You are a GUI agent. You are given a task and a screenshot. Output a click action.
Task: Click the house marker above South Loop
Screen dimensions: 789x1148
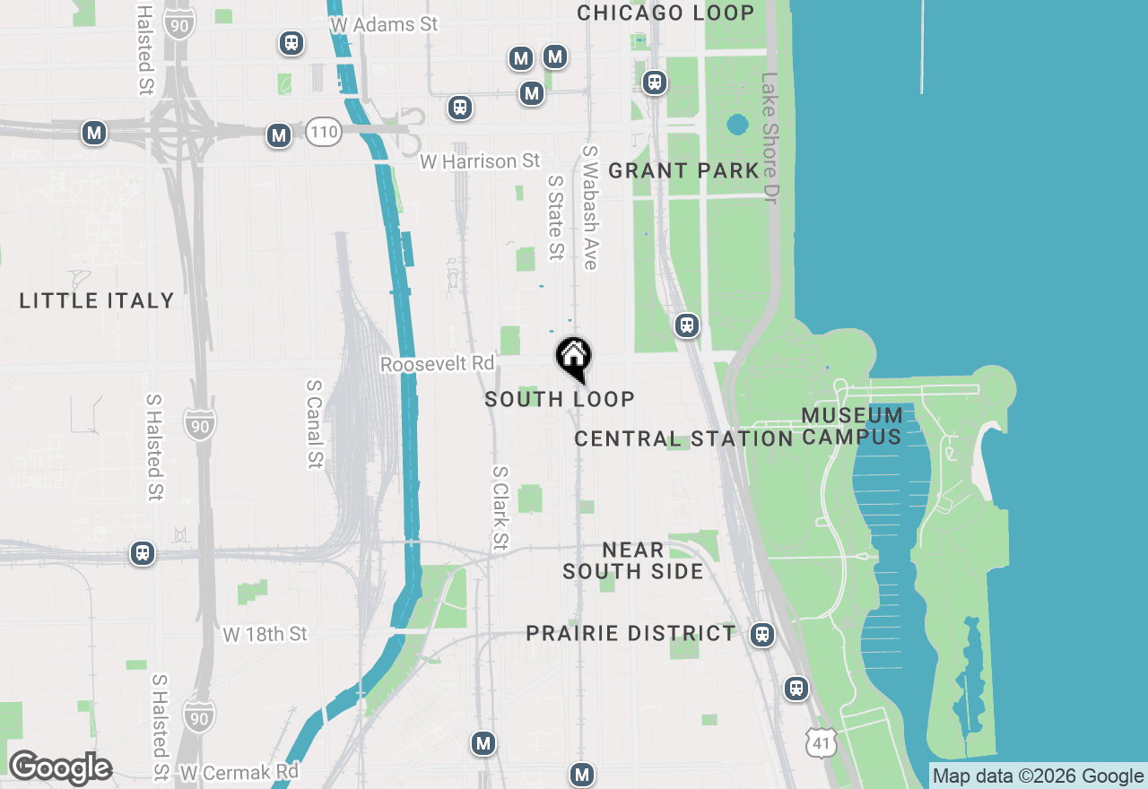pos(573,357)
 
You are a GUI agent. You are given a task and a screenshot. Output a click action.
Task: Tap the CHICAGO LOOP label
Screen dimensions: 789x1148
pos(665,13)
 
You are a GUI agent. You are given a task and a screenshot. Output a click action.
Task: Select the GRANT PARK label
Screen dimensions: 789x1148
pos(683,170)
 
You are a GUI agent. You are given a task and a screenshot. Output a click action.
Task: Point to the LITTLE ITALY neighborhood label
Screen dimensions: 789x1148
pos(97,300)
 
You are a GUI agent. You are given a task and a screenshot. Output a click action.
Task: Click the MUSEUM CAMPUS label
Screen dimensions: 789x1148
pos(852,426)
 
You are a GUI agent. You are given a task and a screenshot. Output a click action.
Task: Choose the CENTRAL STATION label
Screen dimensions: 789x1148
pos(683,438)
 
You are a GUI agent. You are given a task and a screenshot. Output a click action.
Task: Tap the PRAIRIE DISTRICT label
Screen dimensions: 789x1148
pos(631,633)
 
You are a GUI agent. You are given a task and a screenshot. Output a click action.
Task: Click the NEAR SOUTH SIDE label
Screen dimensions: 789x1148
pos(633,560)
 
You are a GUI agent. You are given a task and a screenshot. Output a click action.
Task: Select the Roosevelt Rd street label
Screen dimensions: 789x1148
pos(437,364)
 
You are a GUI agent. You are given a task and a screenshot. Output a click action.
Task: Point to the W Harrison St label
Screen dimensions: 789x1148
pos(480,161)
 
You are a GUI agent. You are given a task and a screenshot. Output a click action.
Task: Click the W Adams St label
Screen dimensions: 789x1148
pos(384,24)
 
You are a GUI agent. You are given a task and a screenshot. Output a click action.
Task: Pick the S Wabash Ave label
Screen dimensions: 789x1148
pos(589,207)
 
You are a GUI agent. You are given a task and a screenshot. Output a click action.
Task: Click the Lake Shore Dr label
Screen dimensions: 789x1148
pos(770,138)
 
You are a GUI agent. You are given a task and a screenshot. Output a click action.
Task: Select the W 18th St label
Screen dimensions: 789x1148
pos(265,635)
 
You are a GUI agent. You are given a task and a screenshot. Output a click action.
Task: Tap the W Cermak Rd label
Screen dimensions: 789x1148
pos(239,772)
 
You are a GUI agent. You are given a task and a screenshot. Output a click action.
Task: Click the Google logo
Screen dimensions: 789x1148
pos(59,768)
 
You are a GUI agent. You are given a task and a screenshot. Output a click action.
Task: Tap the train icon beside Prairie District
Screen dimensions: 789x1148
pos(762,635)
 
